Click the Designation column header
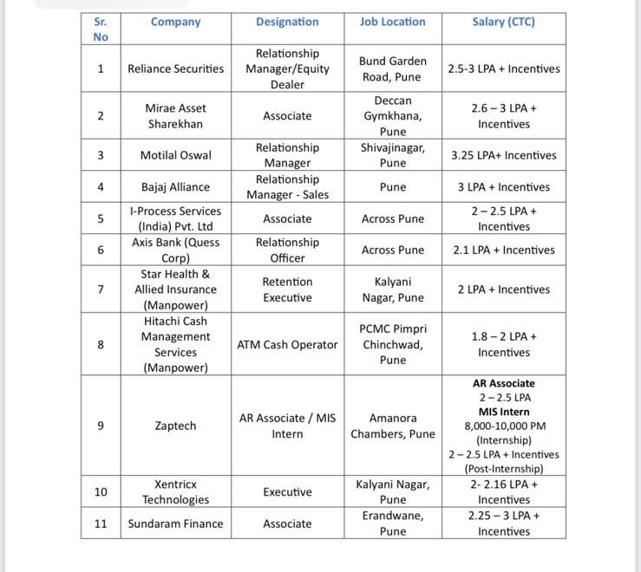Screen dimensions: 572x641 point(287,22)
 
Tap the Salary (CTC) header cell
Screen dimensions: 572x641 point(503,22)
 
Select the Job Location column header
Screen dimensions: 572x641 point(392,22)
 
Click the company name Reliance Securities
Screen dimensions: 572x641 point(175,68)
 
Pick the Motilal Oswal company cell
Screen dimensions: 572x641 point(175,155)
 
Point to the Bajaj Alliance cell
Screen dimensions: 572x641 point(175,186)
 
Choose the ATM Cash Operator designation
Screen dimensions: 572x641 point(287,344)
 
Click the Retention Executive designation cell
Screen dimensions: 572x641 point(287,289)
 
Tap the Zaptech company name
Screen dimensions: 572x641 point(175,426)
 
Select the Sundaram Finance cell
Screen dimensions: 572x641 point(175,523)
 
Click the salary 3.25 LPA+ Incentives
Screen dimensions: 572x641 point(503,155)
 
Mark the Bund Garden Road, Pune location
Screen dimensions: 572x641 point(392,68)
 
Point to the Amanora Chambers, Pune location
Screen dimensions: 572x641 point(392,426)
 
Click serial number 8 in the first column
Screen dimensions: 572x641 point(101,344)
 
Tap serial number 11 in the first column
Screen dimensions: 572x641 point(101,523)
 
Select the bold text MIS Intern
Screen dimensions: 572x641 point(503,412)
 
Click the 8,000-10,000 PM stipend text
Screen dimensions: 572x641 point(503,426)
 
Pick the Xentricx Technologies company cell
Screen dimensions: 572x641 point(175,491)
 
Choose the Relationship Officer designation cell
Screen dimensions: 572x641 point(287,250)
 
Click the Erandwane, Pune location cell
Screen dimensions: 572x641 point(392,523)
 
